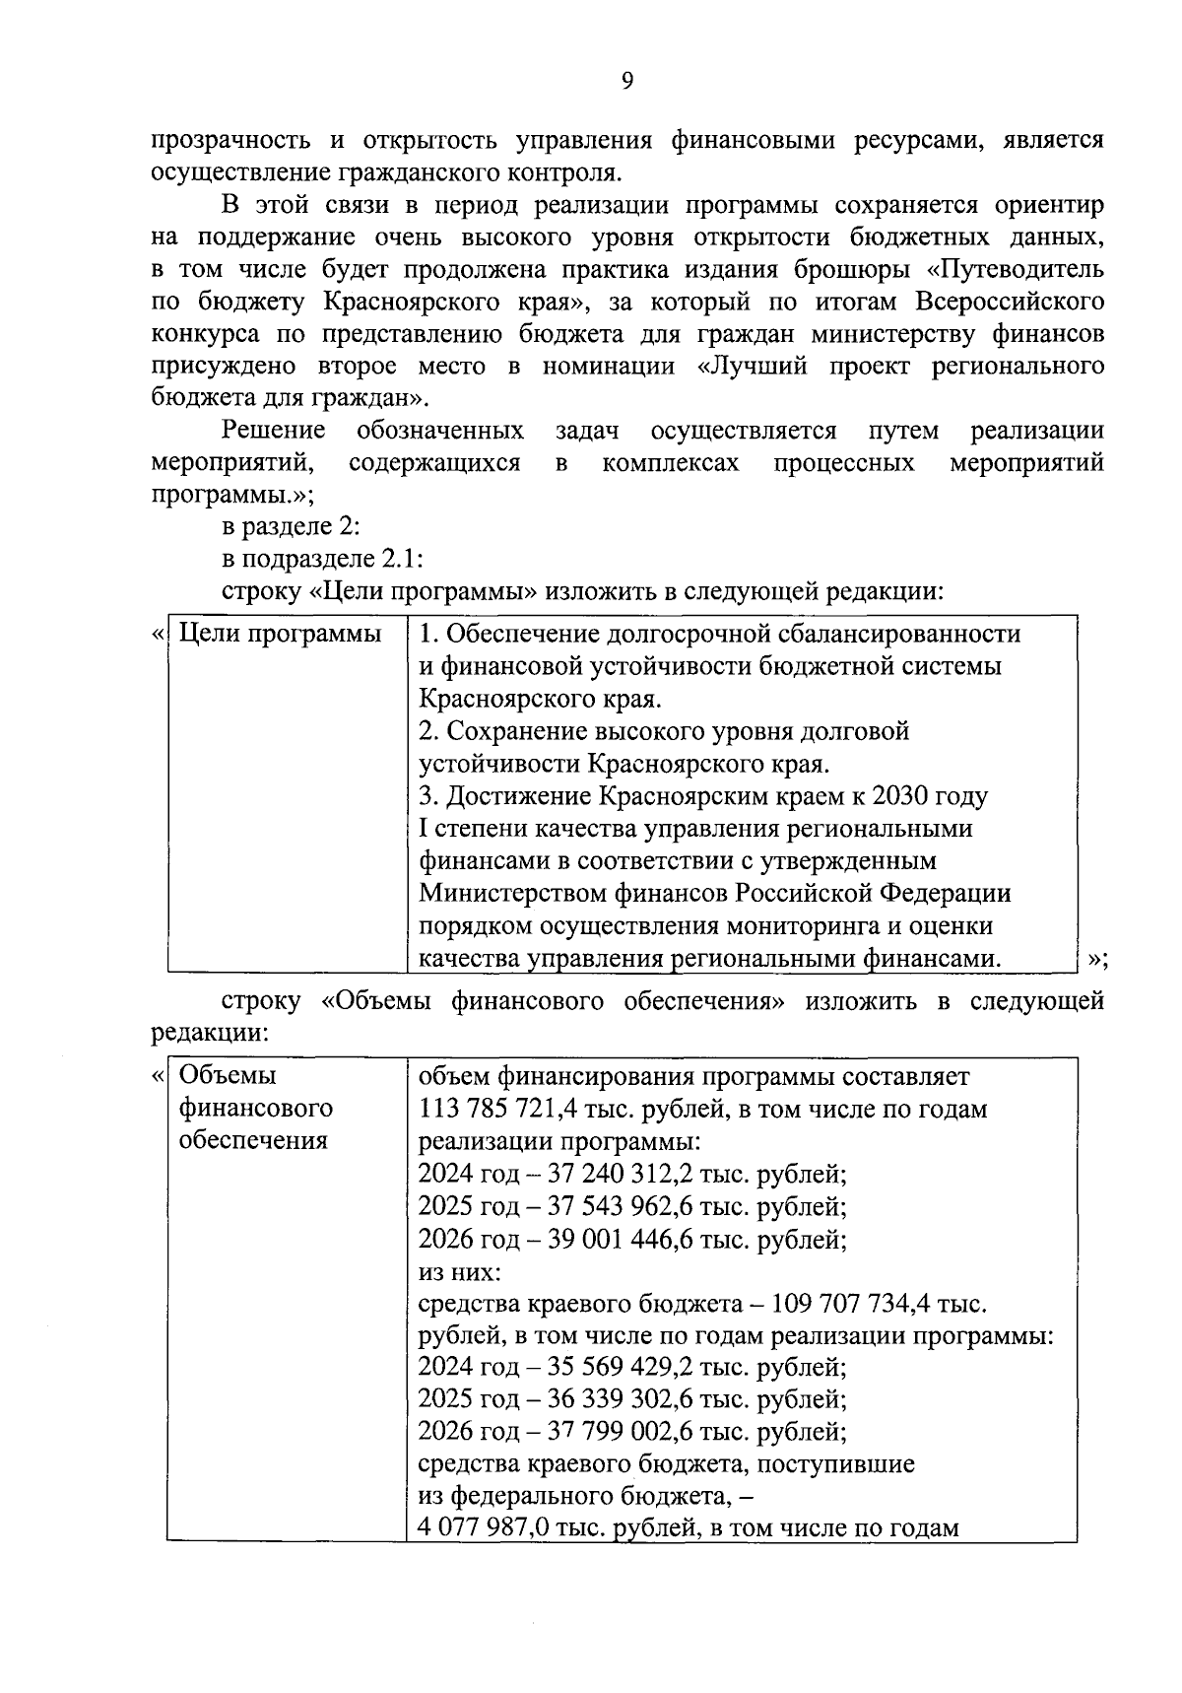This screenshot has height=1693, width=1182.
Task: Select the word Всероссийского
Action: (x=1010, y=302)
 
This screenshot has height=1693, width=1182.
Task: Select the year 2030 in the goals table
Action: (x=903, y=796)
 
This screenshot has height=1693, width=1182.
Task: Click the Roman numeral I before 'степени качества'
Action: (x=424, y=829)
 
